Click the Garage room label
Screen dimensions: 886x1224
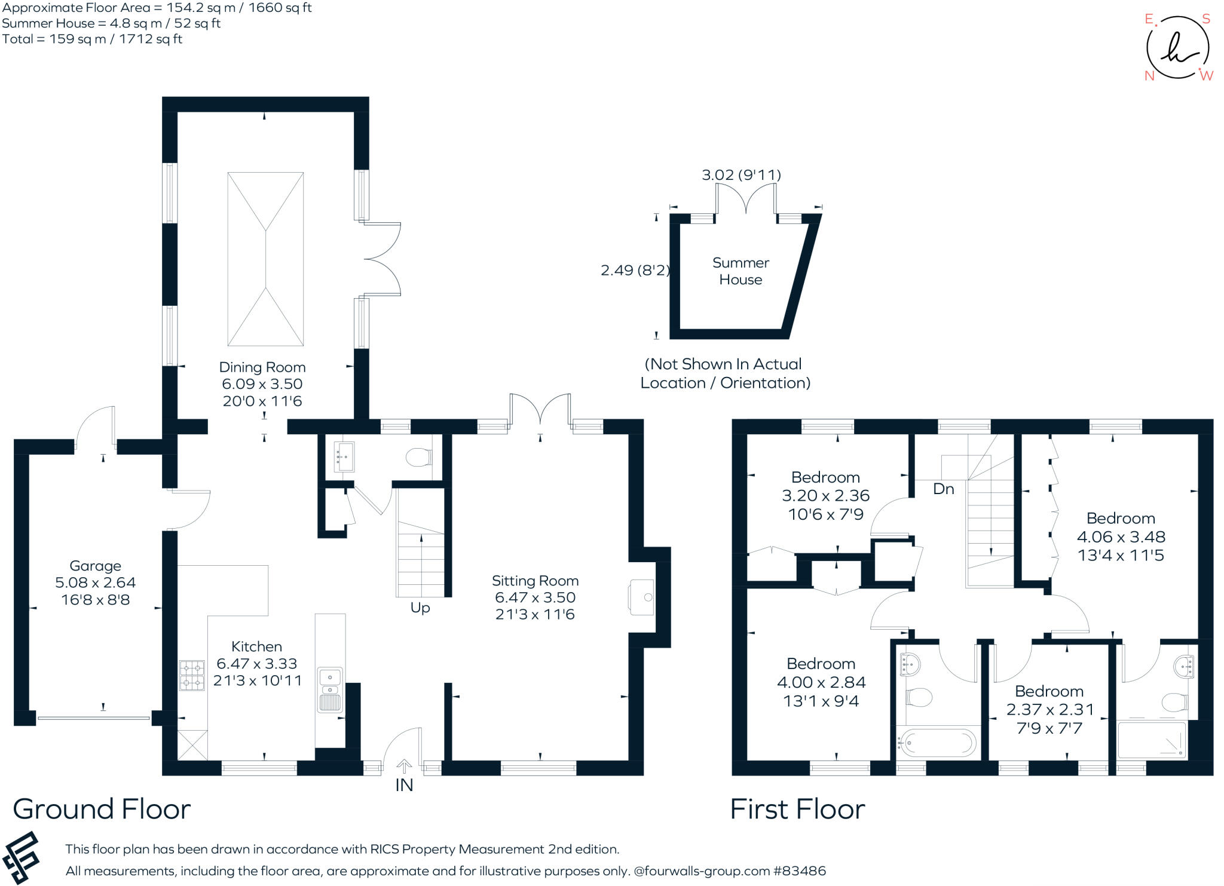coord(95,566)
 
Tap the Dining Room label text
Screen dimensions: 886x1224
coord(262,367)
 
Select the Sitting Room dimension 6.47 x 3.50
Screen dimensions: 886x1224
coord(535,597)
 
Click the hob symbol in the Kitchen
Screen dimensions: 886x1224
coord(192,675)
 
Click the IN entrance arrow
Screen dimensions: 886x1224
coord(404,767)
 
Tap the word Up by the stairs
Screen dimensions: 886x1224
coord(420,608)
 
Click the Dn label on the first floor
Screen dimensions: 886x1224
coord(943,489)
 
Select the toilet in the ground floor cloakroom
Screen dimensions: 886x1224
coord(418,458)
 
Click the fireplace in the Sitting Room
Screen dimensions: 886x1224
coord(641,597)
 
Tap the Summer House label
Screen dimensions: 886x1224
coord(740,271)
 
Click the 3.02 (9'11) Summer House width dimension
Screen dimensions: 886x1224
coord(741,175)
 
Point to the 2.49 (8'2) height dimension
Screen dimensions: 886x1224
coord(635,271)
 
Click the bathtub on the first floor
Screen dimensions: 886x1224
coord(937,743)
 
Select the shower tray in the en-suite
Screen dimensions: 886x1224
coord(1151,740)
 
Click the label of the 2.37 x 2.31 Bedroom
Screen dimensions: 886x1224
coord(1049,691)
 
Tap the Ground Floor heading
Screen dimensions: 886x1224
coord(102,810)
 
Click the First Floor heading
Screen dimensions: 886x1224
coord(797,810)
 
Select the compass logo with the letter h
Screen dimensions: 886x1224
coord(1177,48)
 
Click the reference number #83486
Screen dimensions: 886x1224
coord(799,871)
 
